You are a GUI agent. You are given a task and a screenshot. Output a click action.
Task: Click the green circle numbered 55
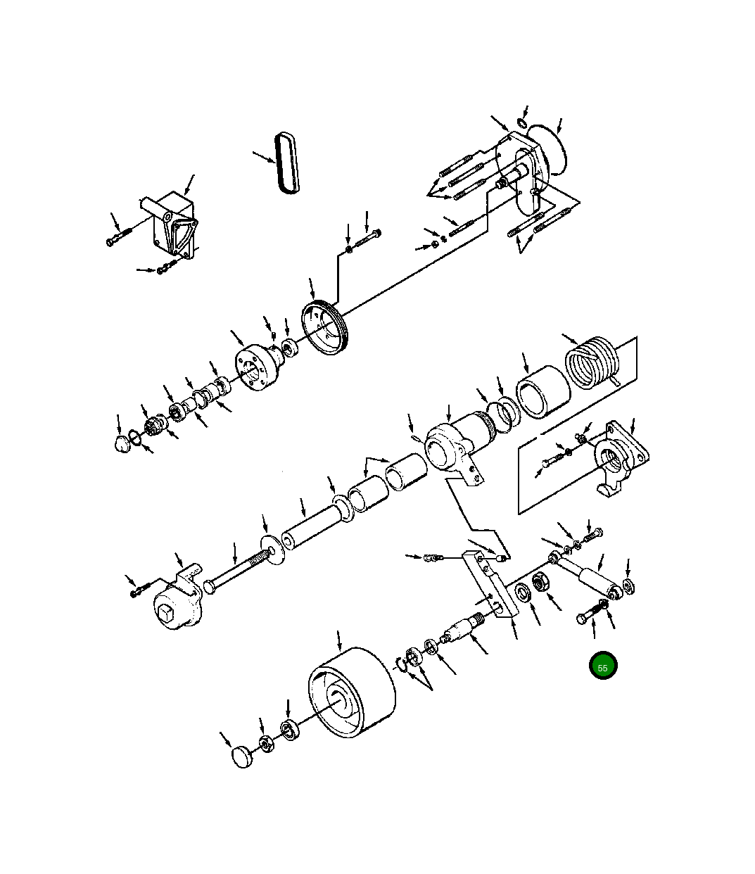pos(603,666)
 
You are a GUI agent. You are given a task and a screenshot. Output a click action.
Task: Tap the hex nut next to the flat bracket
pos(543,583)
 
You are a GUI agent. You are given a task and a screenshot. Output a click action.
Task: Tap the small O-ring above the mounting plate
pos(521,124)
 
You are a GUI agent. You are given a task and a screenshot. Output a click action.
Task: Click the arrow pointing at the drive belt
pos(263,156)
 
